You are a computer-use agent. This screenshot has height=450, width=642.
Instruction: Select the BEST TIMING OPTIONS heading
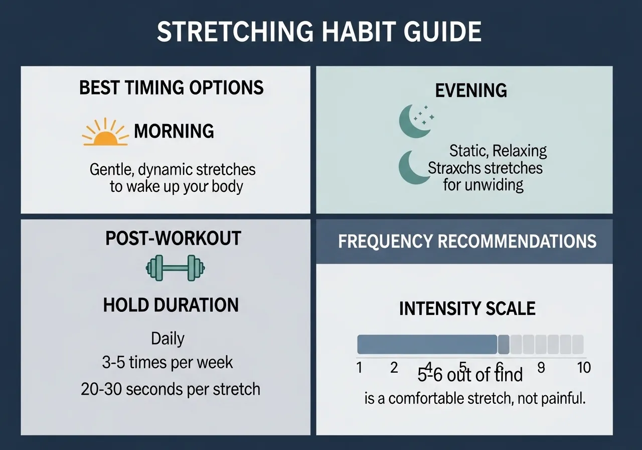click(172, 87)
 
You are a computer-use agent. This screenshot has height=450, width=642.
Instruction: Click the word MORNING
click(174, 132)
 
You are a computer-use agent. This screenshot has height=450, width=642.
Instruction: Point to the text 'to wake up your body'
click(176, 187)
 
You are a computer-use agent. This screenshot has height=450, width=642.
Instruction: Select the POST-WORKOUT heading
click(173, 238)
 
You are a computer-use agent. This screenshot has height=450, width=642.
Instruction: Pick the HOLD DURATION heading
click(171, 305)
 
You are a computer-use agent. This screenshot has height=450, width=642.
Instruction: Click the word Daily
click(168, 339)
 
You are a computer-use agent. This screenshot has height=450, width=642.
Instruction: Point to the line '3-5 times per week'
click(168, 362)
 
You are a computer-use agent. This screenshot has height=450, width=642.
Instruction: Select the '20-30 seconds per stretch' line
click(171, 389)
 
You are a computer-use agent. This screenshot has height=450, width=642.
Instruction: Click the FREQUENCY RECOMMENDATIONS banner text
click(467, 241)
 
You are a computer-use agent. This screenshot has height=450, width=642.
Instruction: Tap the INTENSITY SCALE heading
click(467, 308)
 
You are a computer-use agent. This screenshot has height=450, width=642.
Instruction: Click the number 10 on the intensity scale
click(584, 368)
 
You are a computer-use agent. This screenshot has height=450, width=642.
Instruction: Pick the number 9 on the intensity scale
click(541, 368)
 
